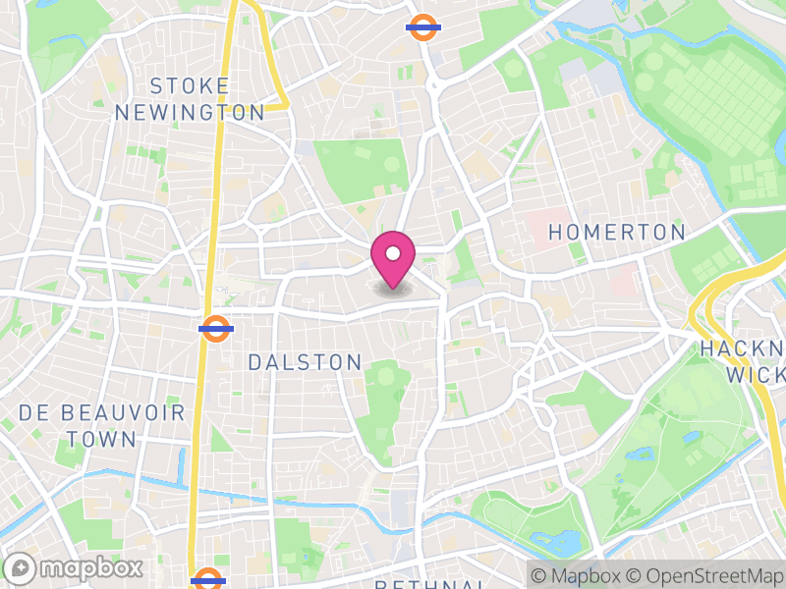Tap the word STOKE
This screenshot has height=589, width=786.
pos(191,86)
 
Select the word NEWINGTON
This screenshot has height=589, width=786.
pos(191,113)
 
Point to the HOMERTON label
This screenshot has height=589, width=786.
pos(617,233)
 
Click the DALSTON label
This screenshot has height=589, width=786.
pos(305,363)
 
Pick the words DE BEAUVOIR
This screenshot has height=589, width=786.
pos(102,412)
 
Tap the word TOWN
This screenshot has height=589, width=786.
pos(102,439)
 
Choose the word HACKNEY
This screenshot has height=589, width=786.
pos(744,349)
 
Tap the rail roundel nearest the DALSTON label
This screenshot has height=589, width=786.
pos(215,328)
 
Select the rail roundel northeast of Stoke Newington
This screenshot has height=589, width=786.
pos(422,27)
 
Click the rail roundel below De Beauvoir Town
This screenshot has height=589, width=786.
pos(206,579)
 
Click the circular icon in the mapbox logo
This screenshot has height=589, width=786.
pos(21,567)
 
